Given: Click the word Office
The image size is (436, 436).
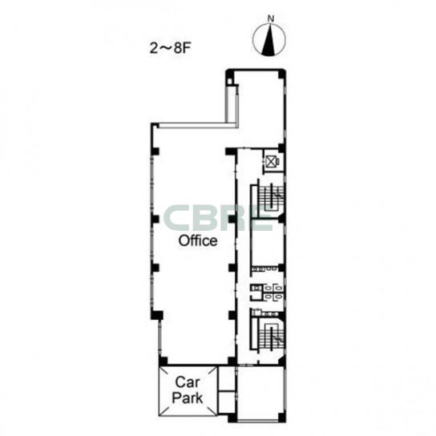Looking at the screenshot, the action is (x=198, y=240).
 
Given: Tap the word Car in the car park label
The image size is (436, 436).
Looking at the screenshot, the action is (x=188, y=382).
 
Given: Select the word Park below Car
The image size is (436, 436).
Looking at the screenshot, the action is (x=188, y=398).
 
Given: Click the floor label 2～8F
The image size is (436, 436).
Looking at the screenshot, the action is (x=170, y=49).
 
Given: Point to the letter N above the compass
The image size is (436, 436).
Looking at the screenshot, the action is (x=270, y=18).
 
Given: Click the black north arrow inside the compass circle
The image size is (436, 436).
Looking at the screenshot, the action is (x=268, y=40).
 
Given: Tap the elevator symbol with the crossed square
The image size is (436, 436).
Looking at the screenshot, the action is (x=271, y=162).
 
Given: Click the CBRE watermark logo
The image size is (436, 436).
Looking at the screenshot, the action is (x=218, y=218).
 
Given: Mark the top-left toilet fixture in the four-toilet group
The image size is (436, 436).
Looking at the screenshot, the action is (x=267, y=288).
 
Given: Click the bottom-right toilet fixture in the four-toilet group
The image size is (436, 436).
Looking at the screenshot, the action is (x=279, y=297).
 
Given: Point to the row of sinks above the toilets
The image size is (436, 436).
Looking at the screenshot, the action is (x=264, y=268).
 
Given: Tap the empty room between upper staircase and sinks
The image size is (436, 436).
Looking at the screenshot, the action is (x=268, y=242).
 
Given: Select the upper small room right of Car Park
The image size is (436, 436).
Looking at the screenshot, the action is (x=227, y=378).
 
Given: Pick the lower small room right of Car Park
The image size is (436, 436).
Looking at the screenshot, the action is (x=227, y=402).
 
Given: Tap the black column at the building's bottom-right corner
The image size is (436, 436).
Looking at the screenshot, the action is (x=282, y=418).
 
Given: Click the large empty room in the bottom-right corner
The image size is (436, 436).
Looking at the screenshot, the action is (x=260, y=393).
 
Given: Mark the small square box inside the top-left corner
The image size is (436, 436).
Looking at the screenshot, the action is (x=230, y=81).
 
